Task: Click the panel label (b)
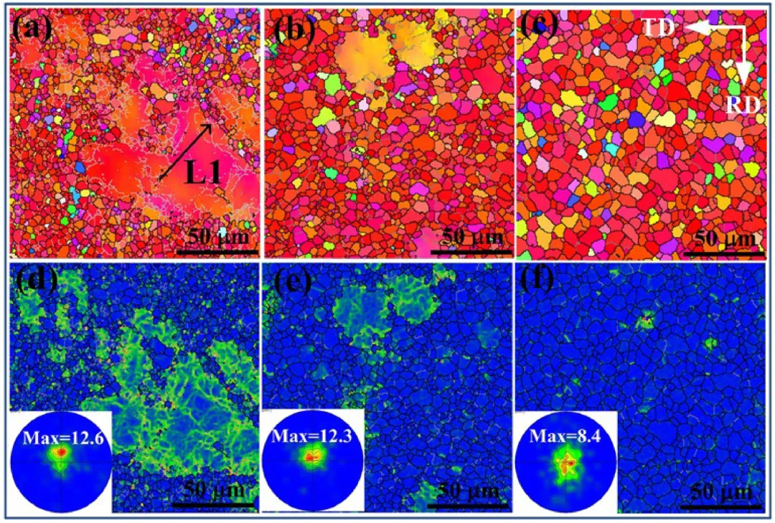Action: [x=291, y=28]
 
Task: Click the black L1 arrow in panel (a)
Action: [x=184, y=151]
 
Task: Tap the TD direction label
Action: [x=657, y=27]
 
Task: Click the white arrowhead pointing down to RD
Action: [x=744, y=72]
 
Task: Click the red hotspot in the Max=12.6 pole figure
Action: [x=62, y=453]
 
